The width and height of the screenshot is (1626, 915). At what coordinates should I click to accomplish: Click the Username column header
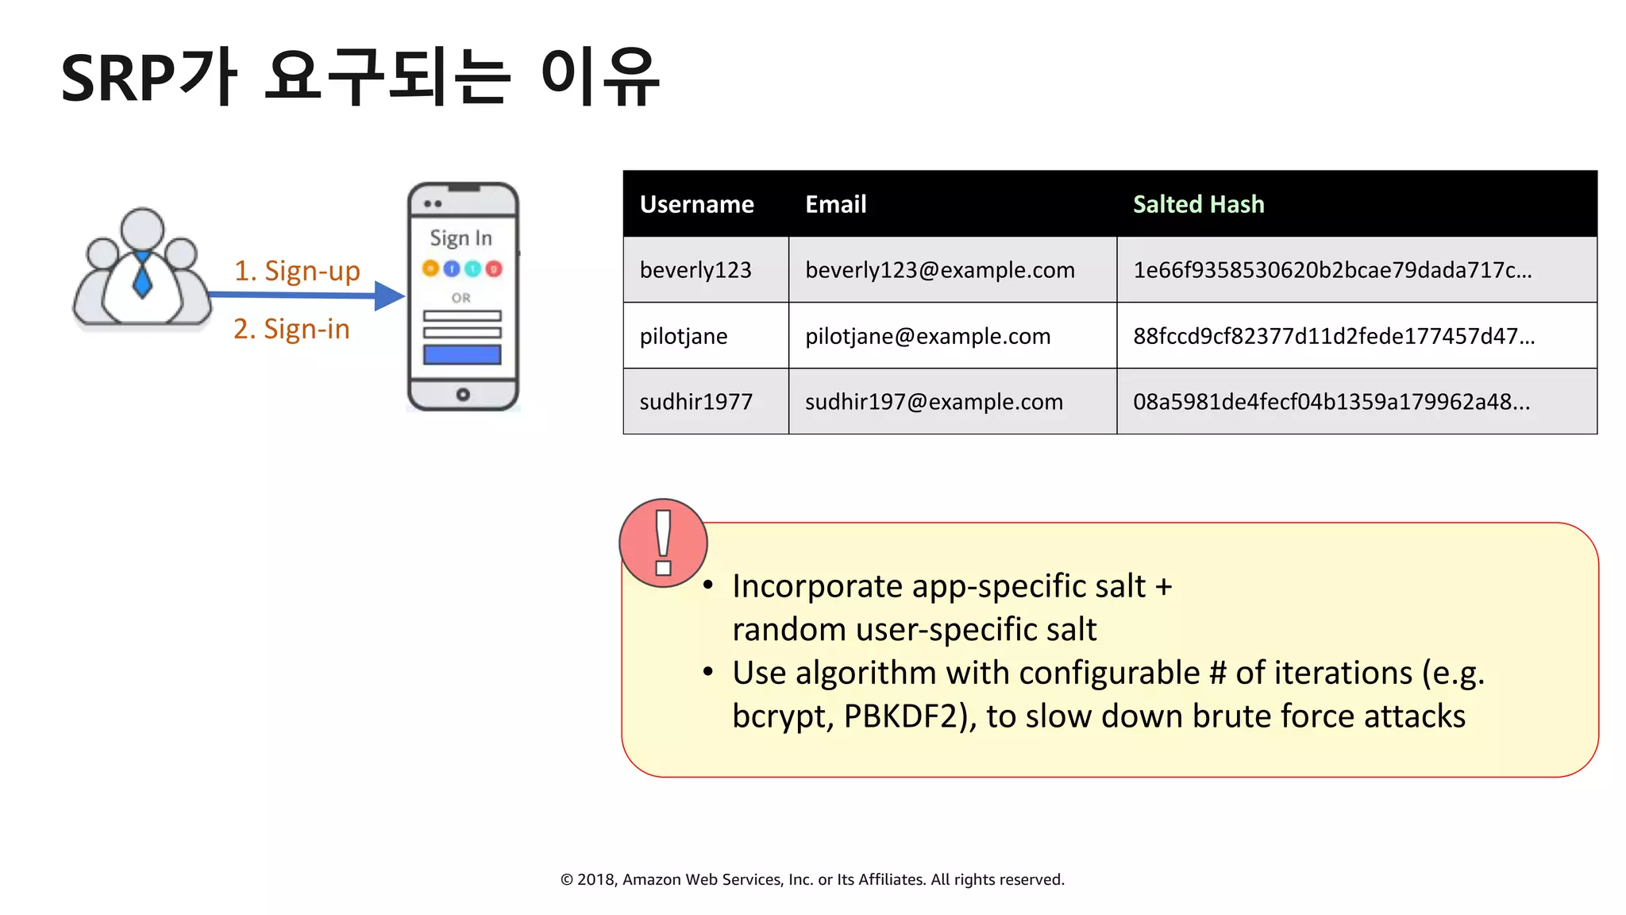click(x=696, y=205)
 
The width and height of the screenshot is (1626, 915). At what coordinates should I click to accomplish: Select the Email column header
click(x=835, y=205)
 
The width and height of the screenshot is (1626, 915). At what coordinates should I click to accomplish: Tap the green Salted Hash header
click(x=1198, y=205)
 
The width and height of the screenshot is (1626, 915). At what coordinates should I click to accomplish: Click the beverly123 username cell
click(x=695, y=270)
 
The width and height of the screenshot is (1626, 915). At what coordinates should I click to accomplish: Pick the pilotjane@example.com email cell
click(x=927, y=336)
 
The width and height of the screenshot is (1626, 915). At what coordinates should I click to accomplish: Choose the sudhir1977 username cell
click(x=695, y=402)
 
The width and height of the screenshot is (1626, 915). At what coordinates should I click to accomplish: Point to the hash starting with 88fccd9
click(x=1333, y=336)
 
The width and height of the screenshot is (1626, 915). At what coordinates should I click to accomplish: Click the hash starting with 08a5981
click(x=1331, y=402)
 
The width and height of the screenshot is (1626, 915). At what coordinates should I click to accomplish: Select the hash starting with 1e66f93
click(x=1331, y=270)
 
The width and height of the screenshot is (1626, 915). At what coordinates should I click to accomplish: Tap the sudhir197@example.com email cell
click(x=934, y=402)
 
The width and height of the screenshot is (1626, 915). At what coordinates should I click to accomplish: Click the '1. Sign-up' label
click(x=297, y=271)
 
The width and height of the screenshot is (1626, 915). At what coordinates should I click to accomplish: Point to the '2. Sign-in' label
click(x=291, y=329)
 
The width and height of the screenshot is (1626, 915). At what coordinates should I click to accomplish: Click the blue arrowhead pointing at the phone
click(x=389, y=296)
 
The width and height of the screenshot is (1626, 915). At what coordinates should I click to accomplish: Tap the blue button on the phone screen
click(x=462, y=354)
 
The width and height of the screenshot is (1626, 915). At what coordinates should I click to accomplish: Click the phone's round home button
click(x=463, y=395)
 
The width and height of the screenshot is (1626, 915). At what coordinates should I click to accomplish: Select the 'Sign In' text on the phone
click(x=460, y=238)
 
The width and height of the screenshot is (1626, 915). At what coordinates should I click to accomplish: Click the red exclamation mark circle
click(x=663, y=543)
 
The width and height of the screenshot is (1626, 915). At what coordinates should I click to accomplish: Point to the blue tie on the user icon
click(x=142, y=276)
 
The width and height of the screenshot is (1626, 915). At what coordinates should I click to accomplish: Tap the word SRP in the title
click(x=118, y=79)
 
